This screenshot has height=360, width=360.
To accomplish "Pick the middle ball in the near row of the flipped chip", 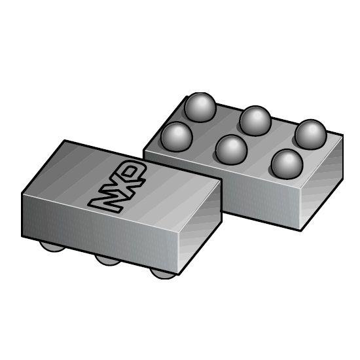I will [230, 149].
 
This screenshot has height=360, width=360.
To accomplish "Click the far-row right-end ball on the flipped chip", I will [310, 135].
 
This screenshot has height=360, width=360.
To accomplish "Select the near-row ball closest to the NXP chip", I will [176, 136].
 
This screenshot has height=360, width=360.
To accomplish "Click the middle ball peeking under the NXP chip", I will [108, 261].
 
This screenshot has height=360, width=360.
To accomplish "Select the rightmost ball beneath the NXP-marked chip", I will [163, 272].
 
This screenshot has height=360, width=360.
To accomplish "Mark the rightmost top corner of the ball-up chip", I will [342, 135].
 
